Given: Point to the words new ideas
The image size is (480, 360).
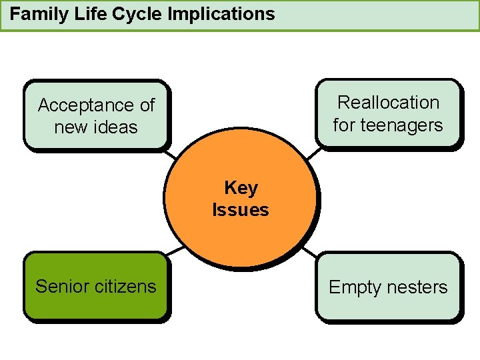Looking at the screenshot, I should click(x=96, y=127).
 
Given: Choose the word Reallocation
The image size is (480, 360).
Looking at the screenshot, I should click(x=388, y=103).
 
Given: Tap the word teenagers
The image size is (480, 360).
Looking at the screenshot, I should click(x=401, y=125).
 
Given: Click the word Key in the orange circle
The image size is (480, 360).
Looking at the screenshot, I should click(x=241, y=188).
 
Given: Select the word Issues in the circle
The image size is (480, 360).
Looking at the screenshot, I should click(x=241, y=210).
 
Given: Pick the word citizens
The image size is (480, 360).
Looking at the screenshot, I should click(x=126, y=287).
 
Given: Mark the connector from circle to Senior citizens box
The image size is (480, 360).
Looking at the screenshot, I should click(x=175, y=251).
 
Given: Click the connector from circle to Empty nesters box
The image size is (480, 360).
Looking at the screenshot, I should click(x=310, y=253).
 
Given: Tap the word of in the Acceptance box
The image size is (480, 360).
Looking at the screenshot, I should click(x=147, y=105).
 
